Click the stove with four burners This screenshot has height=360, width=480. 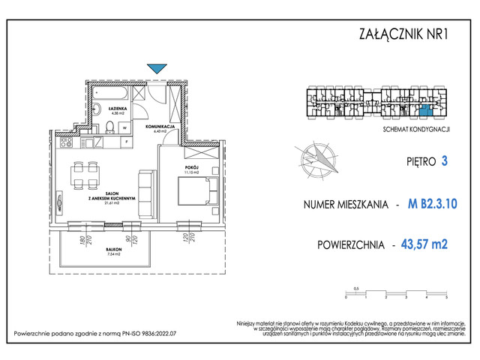[66, 142]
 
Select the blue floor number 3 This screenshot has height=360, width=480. [445, 160]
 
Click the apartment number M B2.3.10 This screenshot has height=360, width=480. [433, 202]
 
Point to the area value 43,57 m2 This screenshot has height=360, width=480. [429, 244]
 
